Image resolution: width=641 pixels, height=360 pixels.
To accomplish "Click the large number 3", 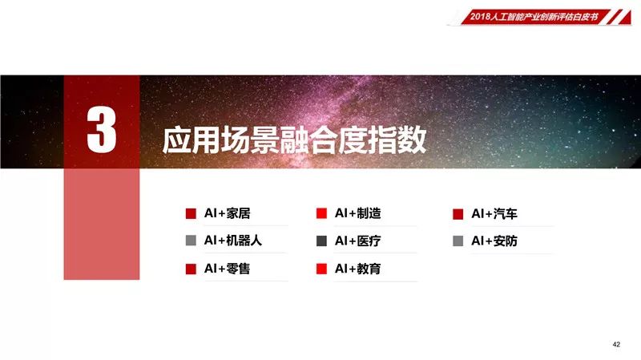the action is pyautogui.click(x=102, y=130).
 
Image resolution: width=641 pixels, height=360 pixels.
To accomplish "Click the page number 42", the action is pyautogui.click(x=616, y=345).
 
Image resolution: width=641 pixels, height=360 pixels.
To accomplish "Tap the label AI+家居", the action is pyautogui.click(x=228, y=213).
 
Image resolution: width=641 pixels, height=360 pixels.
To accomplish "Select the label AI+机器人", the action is pyautogui.click(x=233, y=241).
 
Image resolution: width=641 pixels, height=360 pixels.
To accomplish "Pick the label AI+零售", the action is pyautogui.click(x=228, y=269).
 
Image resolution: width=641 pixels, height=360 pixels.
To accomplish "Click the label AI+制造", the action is pyautogui.click(x=357, y=213).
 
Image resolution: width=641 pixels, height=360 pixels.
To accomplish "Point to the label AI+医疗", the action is pyautogui.click(x=357, y=241).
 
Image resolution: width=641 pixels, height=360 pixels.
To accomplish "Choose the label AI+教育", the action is pyautogui.click(x=357, y=269).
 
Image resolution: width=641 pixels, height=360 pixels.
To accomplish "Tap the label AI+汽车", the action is pyautogui.click(x=494, y=213).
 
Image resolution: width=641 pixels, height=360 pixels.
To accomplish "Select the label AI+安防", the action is pyautogui.click(x=494, y=241).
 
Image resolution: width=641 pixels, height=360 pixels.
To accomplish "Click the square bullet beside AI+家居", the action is pyautogui.click(x=191, y=213).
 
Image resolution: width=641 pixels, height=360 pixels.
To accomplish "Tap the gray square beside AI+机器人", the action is pyautogui.click(x=191, y=241).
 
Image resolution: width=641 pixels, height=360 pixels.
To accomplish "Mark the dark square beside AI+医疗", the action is pyautogui.click(x=322, y=241).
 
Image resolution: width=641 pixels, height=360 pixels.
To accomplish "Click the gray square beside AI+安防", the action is pyautogui.click(x=458, y=241).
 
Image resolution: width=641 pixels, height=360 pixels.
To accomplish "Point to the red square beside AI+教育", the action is pyautogui.click(x=322, y=269).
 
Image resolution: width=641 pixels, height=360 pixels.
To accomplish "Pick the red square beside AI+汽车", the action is pyautogui.click(x=458, y=214).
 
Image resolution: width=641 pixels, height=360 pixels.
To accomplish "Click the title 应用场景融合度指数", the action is pyautogui.click(x=294, y=140).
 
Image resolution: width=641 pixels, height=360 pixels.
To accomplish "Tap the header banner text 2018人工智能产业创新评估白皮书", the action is pyautogui.click(x=534, y=17).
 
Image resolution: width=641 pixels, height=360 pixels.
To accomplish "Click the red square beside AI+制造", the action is pyautogui.click(x=322, y=213).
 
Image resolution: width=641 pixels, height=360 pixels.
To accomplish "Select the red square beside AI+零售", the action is pyautogui.click(x=191, y=269).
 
